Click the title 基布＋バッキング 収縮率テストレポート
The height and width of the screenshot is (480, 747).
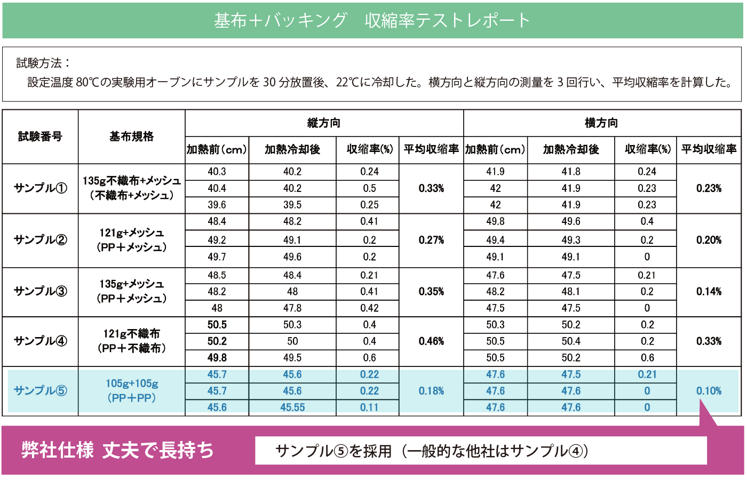pos(372,20)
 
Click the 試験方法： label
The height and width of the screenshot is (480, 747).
pos(43,63)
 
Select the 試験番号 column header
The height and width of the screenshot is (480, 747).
pos(40,137)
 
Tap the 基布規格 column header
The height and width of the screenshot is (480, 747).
pos(131,137)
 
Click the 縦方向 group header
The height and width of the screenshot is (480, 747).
pos(324,123)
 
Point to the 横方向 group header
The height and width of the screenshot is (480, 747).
pos(601,123)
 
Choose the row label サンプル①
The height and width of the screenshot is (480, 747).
pos(40,188)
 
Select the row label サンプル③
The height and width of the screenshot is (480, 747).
pos(40,291)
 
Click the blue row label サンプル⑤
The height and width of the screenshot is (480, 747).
pos(40,390)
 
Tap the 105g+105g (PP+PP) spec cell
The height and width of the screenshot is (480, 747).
pos(131,390)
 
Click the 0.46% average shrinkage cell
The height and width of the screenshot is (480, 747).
pos(431,341)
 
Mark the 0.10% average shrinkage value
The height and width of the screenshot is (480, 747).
pos(709,390)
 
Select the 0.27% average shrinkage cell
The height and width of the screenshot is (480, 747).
pos(431,240)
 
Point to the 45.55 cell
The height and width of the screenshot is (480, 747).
pos(292,407)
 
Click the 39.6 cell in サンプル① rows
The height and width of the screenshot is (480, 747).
pos(217,205)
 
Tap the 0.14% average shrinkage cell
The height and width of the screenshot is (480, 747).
pos(709,291)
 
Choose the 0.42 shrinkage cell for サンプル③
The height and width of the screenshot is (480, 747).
pos(369,308)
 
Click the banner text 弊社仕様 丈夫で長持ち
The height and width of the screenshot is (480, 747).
pos(117,450)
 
